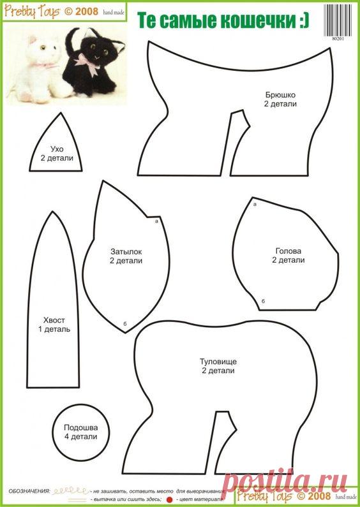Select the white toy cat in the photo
(x=41, y=66)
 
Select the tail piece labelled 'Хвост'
(x=54, y=320)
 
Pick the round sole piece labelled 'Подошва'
(x=80, y=428)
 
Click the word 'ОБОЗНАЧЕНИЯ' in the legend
(x=29, y=491)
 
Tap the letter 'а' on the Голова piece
(x=255, y=205)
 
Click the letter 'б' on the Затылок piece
(x=125, y=324)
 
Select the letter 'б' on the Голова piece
(x=263, y=300)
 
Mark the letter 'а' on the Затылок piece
(x=156, y=221)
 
